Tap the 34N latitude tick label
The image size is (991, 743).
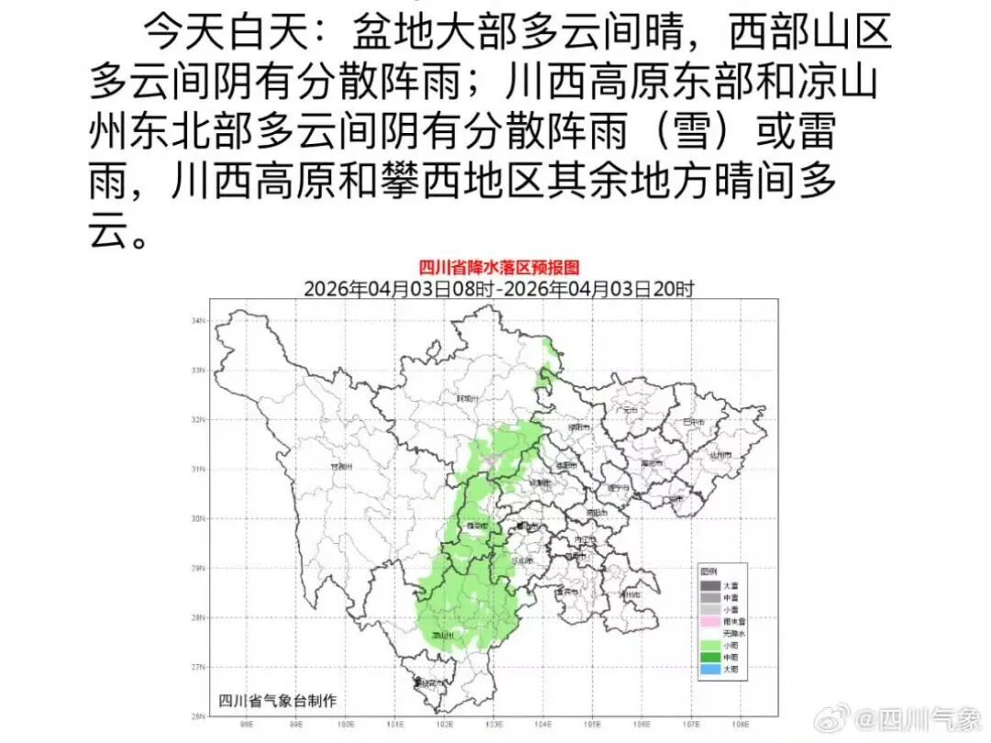(x=197, y=321)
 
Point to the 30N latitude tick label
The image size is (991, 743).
(x=197, y=518)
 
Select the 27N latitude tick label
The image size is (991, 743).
(x=197, y=667)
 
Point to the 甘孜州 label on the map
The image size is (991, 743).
(x=341, y=467)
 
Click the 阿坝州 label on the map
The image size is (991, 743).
(x=468, y=399)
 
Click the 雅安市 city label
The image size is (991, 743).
(x=478, y=527)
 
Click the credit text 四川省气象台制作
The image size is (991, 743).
(x=277, y=701)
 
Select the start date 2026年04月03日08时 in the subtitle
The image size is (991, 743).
(x=400, y=288)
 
